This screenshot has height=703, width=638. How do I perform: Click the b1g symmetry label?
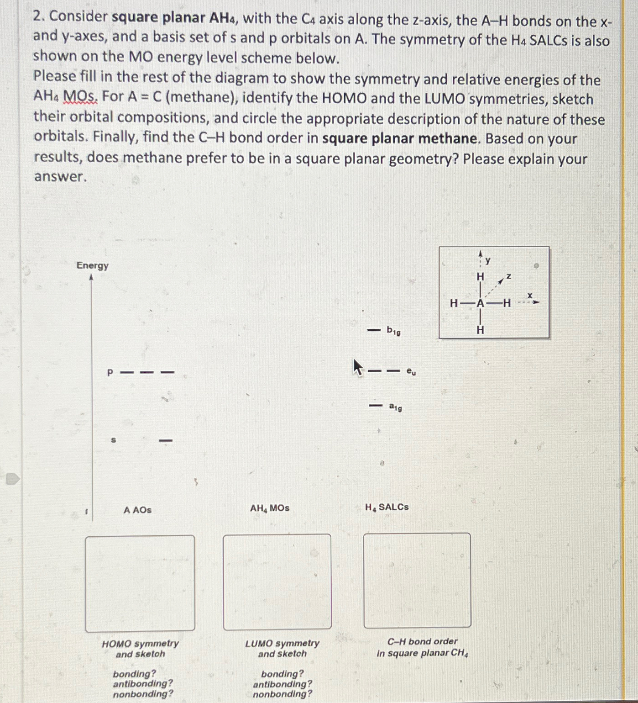[393, 331]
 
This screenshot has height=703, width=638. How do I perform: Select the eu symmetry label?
[411, 372]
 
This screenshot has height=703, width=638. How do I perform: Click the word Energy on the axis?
[92, 265]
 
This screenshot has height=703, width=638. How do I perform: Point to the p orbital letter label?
[110, 373]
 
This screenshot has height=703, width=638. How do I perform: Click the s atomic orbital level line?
[166, 440]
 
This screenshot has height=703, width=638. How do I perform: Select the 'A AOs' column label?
[137, 510]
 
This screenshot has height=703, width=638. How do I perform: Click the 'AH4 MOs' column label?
[269, 508]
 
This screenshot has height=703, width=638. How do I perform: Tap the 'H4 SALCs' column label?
[387, 507]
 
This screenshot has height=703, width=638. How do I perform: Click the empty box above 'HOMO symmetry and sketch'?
[140, 583]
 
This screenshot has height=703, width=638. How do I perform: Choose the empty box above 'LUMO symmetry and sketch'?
[277, 581]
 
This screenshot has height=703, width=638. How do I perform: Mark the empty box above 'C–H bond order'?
[417, 580]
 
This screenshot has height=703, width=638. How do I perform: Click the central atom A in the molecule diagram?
[480, 303]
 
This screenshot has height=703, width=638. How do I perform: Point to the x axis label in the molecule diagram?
[530, 296]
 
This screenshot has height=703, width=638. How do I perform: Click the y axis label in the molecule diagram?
[488, 260]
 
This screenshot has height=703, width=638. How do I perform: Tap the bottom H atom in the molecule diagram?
[480, 330]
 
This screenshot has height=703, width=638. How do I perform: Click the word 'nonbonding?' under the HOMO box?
[143, 694]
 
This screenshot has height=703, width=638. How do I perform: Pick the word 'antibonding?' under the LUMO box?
[282, 684]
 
